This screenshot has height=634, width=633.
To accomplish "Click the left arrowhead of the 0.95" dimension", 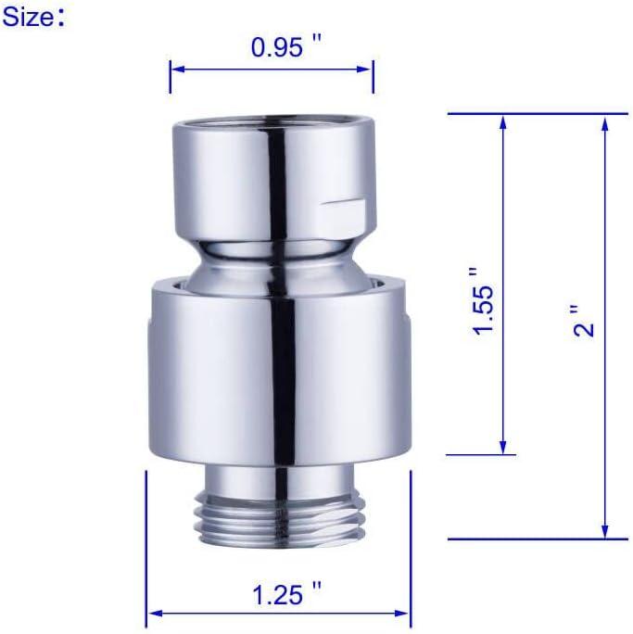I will tap(175, 68).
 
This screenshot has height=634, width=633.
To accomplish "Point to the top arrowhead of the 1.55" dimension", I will tap(502, 120).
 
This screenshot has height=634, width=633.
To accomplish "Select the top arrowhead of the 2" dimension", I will tap(605, 120).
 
